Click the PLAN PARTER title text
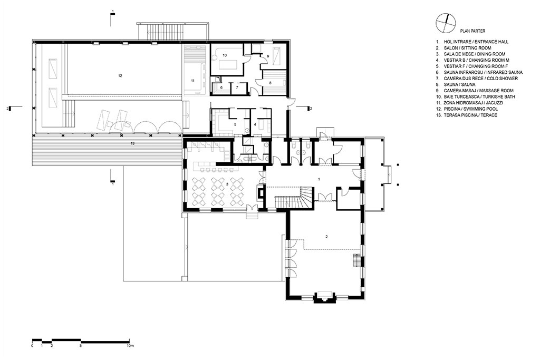tap(472, 31)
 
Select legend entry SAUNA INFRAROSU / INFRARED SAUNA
tap(483, 73)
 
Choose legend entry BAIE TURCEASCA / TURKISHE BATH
tap(479, 97)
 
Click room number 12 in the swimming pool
tap(120, 76)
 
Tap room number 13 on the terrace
tap(132, 143)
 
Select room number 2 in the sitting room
tap(326, 237)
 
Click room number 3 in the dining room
tap(227, 184)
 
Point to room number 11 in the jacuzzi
tap(193, 81)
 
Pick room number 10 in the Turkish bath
tap(225, 55)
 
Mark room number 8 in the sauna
tap(271, 83)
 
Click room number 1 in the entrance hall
tap(319, 179)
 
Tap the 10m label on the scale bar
tap(130, 345)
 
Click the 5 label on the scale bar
tap(81, 345)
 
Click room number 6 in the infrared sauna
tap(221, 87)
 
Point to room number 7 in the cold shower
tap(237, 87)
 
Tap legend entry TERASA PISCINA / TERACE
tap(470, 115)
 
